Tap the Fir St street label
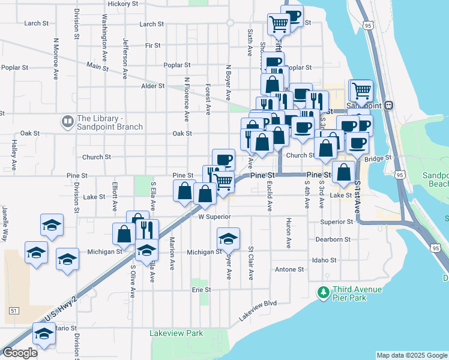click(153, 45)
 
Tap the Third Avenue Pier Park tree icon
click(324, 292)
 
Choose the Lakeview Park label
click(176, 333)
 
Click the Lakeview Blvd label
click(258, 306)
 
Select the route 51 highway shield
click(14, 310)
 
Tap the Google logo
click(20, 353)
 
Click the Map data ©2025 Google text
click(412, 355)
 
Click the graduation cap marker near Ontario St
click(44, 334)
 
